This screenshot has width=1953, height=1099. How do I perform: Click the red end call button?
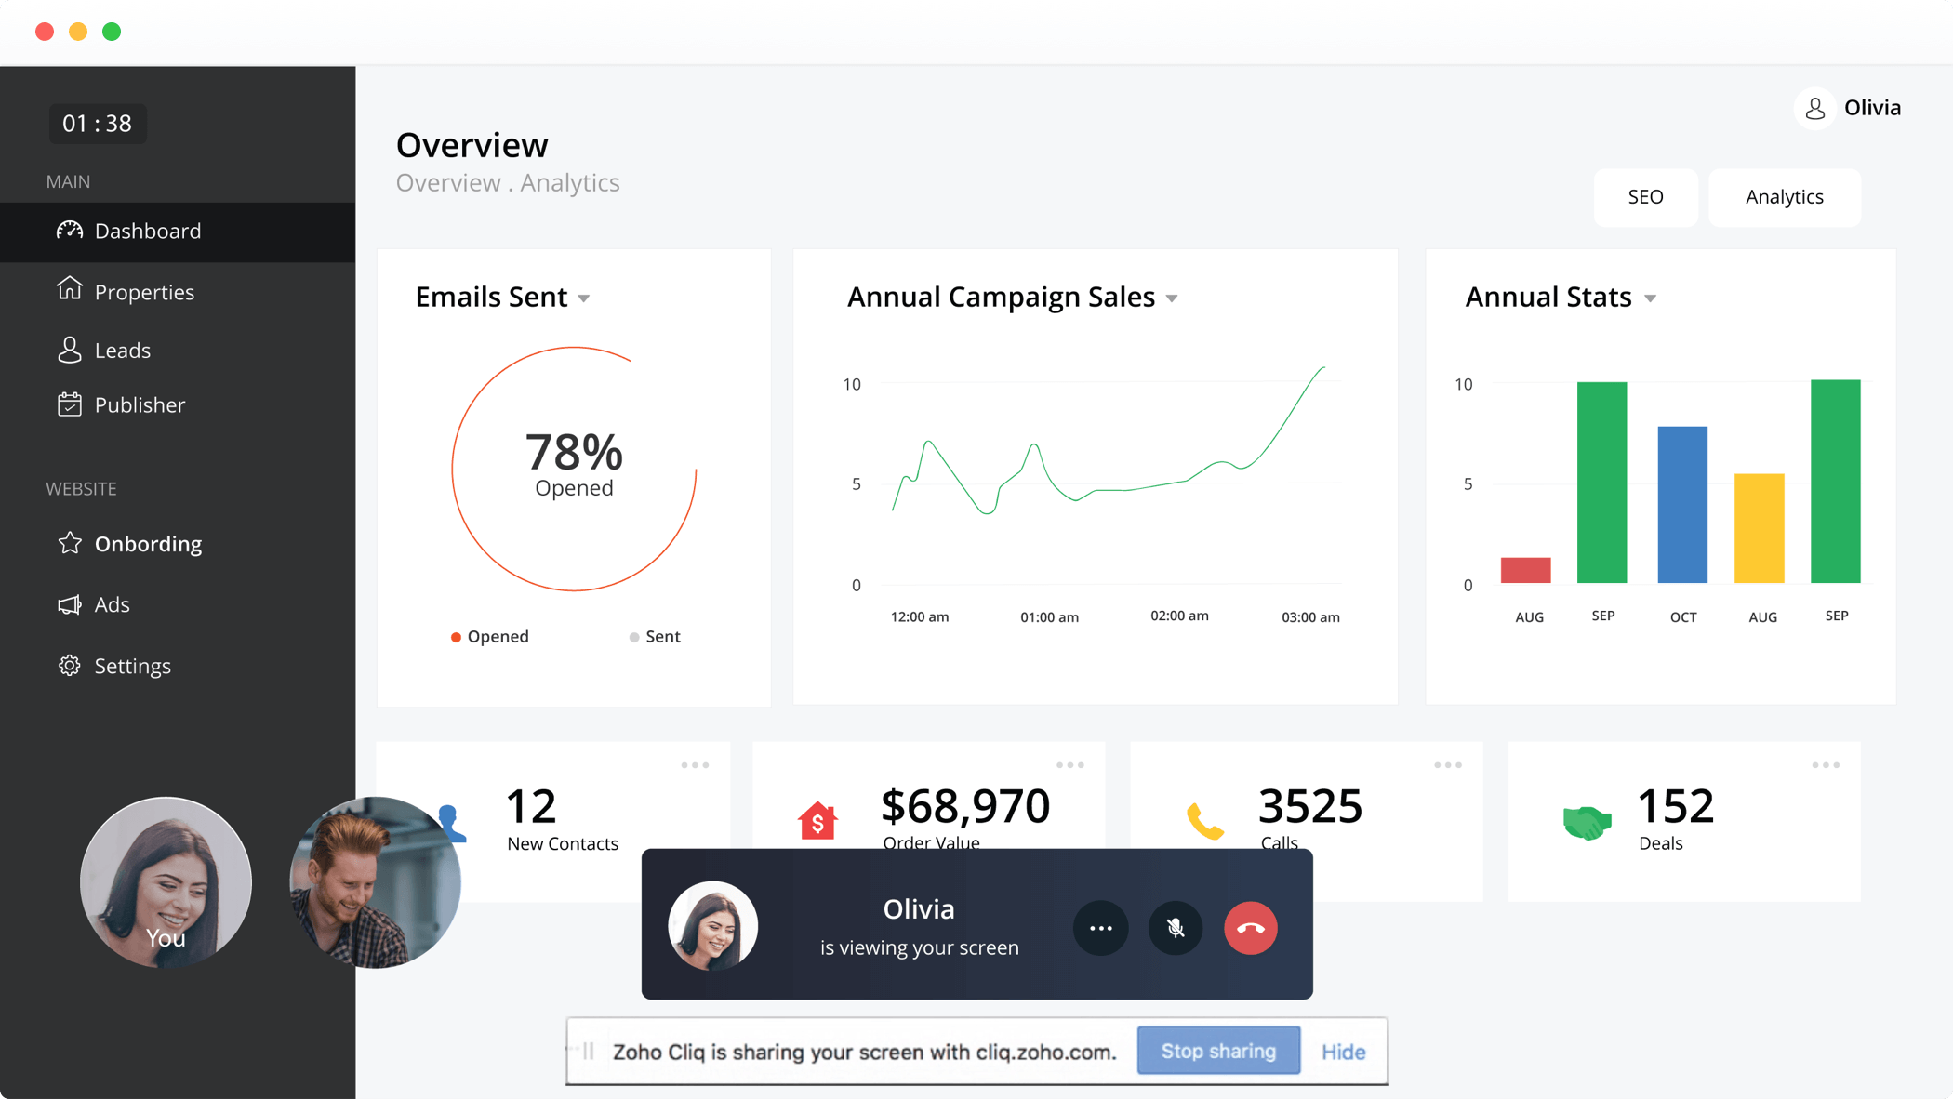tap(1250, 928)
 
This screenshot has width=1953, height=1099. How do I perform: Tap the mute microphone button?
tap(1176, 928)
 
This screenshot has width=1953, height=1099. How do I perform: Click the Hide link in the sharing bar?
tap(1343, 1052)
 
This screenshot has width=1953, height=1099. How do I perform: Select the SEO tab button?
tap(1645, 197)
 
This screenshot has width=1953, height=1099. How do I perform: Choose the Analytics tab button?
tap(1784, 197)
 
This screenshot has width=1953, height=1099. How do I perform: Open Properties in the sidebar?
tap(144, 292)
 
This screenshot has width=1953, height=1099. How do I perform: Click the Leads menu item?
tap(122, 351)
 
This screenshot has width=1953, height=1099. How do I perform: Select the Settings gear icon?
tap(70, 666)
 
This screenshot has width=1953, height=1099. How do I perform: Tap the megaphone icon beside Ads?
tap(70, 605)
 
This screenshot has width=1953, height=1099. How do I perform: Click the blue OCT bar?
tap(1682, 505)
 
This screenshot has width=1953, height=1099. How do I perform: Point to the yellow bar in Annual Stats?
tap(1759, 528)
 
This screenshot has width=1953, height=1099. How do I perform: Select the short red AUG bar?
tap(1525, 570)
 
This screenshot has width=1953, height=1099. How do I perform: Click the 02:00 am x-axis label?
tap(1179, 616)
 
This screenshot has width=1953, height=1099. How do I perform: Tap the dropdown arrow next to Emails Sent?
tap(584, 298)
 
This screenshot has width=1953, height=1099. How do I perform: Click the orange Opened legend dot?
tap(456, 637)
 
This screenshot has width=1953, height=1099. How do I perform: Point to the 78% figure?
tap(574, 453)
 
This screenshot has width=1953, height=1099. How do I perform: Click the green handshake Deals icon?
tap(1587, 822)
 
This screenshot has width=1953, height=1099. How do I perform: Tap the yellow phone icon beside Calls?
tap(1205, 821)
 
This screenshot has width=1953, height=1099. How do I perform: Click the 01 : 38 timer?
tap(98, 124)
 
